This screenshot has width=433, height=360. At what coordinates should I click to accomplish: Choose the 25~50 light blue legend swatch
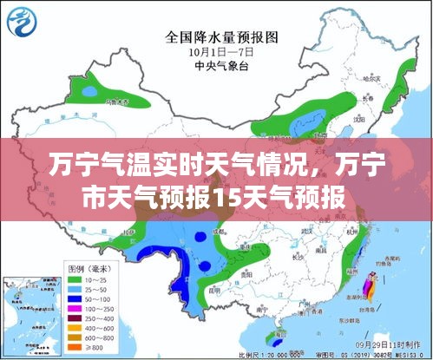[76, 289]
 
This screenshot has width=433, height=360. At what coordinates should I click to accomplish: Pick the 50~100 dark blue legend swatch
[76, 298]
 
